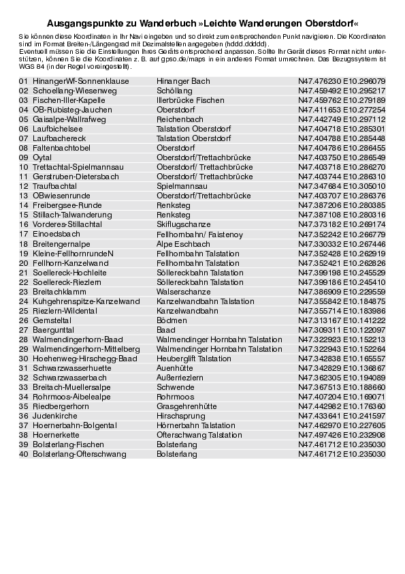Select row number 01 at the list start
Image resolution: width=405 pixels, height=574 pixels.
[23, 81]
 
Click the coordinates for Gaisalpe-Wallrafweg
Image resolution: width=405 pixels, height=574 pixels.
[342, 119]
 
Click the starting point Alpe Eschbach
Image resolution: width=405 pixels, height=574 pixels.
[183, 243]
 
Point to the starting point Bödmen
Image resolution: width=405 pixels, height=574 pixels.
[172, 320]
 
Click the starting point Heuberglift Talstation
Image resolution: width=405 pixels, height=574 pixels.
[193, 358]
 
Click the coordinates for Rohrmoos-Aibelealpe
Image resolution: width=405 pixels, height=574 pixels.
[342, 396]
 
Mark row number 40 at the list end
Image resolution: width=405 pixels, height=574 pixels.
[23, 453]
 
